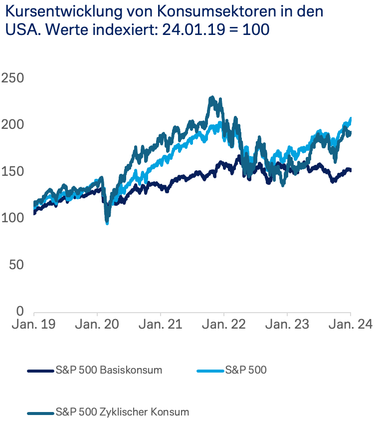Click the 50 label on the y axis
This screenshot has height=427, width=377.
point(16,264)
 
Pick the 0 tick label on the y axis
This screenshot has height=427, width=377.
point(20,311)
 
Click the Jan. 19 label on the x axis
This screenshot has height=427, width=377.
point(33,325)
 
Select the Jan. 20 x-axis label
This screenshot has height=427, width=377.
point(97,325)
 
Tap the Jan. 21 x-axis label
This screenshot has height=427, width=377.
point(161,325)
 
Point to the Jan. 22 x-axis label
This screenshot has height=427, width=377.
point(224,325)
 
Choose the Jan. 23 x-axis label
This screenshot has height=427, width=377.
point(287,325)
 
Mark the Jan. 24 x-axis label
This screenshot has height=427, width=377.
point(350,325)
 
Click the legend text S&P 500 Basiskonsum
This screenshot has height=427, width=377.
point(109,371)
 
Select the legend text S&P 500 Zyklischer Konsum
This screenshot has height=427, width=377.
point(123,413)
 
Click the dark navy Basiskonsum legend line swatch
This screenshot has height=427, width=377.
point(40,371)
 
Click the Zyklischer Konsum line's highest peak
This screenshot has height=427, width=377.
point(212,98)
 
